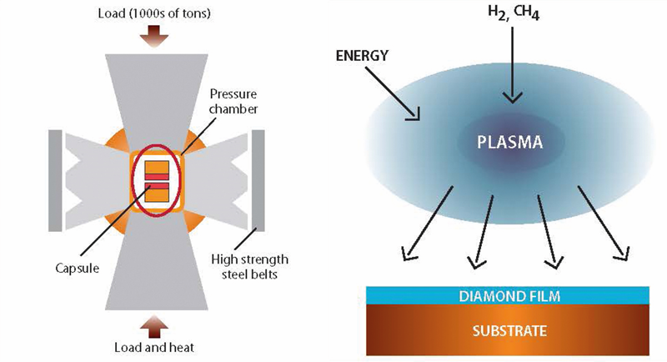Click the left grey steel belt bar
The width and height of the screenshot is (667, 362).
click(x=56, y=180)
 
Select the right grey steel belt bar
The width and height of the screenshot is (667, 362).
click(x=258, y=180)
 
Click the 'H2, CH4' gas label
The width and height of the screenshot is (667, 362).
click(x=512, y=13)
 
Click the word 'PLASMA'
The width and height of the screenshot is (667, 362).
click(x=509, y=142)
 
